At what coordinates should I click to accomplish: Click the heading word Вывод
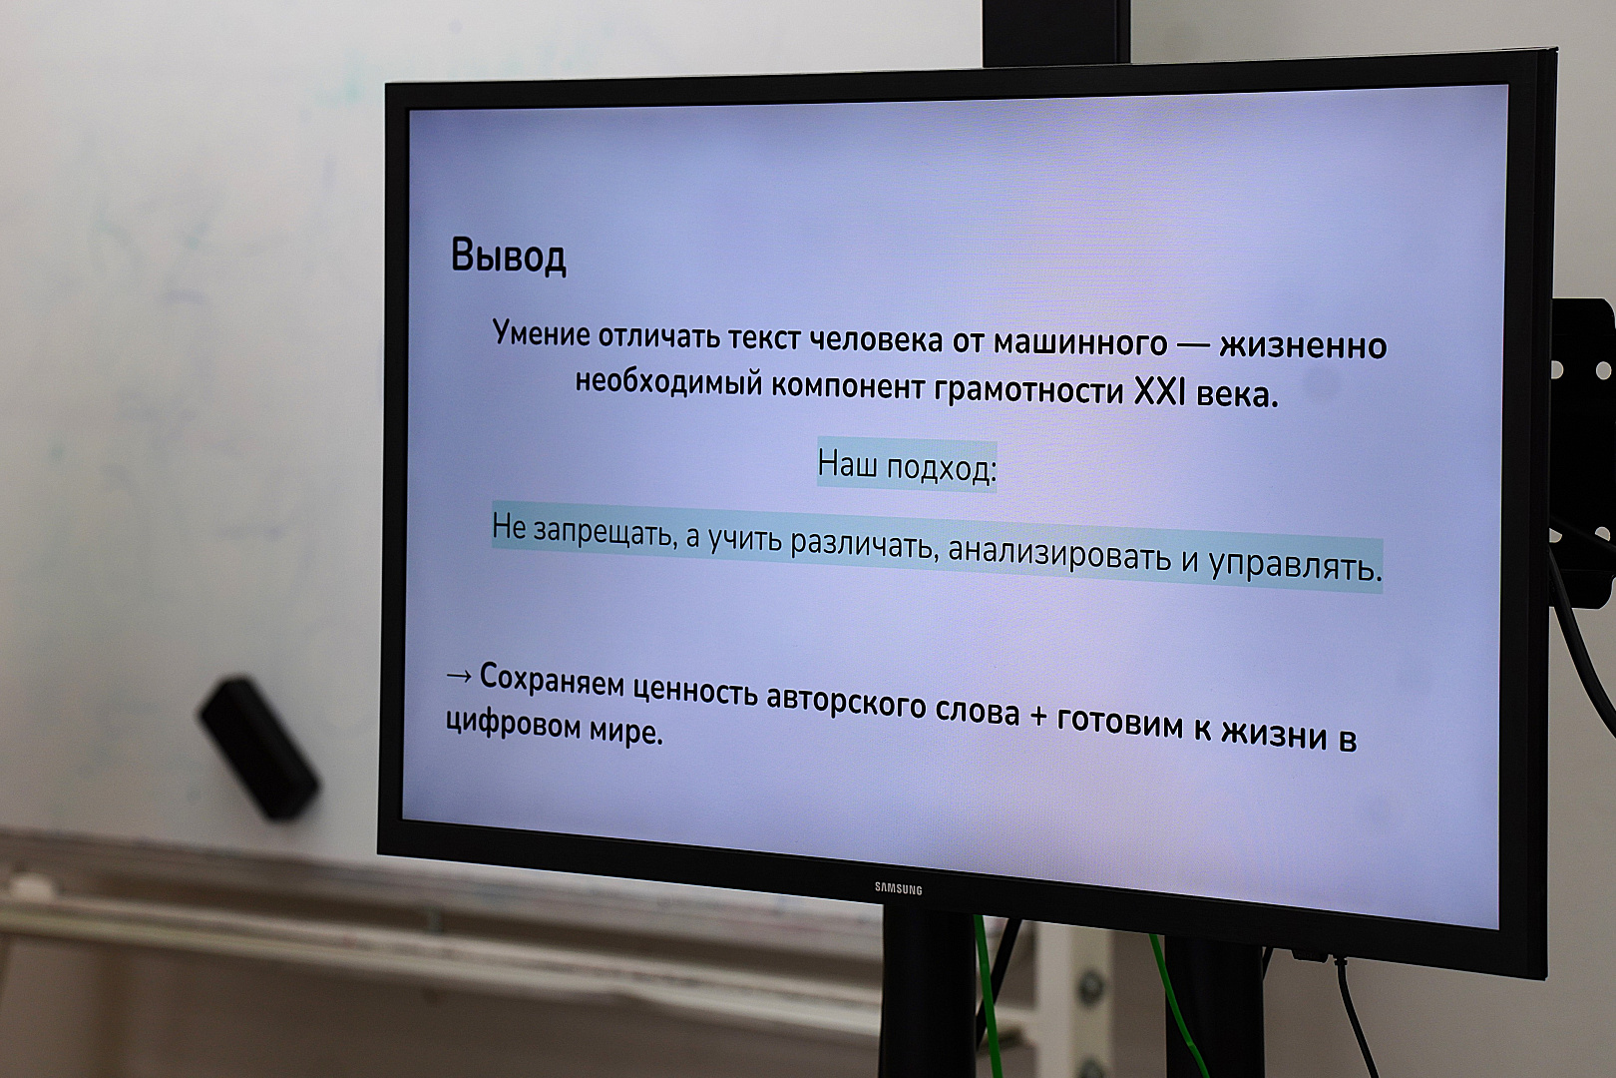509,256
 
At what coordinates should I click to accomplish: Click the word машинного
1079,343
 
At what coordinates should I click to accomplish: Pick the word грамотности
1028,391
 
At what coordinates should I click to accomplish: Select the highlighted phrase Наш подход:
907,466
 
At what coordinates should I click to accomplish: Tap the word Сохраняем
552,681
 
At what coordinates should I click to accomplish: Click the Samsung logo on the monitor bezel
899,888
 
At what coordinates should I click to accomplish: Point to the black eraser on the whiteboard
259,748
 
